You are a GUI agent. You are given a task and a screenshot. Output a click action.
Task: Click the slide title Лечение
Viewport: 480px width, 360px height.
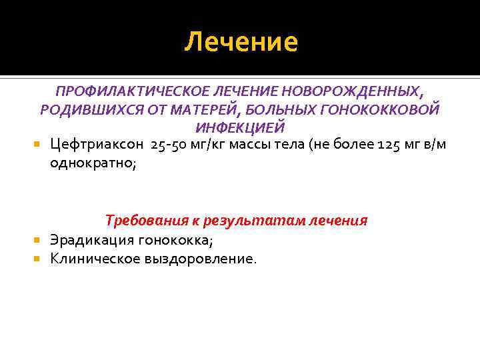(x=241, y=42)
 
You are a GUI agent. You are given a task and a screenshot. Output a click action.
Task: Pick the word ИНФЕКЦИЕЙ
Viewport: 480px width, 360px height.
(x=241, y=127)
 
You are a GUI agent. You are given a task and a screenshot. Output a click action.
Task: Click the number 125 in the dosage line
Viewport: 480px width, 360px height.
(x=390, y=145)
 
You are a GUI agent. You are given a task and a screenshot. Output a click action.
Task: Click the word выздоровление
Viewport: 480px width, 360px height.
(x=199, y=258)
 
